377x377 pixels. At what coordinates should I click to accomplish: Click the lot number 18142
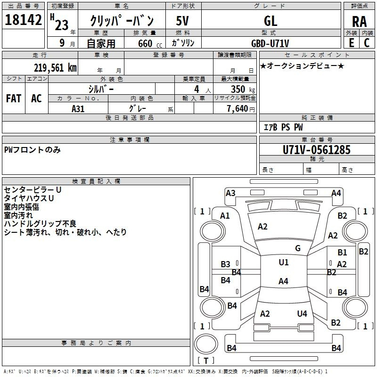23,20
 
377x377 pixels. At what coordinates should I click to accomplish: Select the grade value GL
270,21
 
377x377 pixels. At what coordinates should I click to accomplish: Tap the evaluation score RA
359,22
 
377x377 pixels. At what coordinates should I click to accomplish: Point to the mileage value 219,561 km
55,68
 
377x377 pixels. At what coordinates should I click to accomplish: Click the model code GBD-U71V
270,43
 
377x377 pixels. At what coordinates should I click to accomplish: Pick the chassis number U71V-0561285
317,150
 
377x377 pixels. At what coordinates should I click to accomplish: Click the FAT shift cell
14,98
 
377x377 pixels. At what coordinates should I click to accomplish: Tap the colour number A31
78,109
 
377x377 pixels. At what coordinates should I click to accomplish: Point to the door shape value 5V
182,21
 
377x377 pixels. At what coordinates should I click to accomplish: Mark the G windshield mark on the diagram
298,248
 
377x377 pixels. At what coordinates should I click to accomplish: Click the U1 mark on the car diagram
284,262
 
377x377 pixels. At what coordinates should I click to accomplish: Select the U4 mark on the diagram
302,313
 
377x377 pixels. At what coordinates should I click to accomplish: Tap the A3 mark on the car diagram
230,193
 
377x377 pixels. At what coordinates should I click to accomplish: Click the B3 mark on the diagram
225,264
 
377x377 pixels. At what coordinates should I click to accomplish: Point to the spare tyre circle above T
206,344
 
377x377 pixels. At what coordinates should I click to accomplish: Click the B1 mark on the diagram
342,252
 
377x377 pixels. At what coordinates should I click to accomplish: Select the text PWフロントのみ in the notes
33,150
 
